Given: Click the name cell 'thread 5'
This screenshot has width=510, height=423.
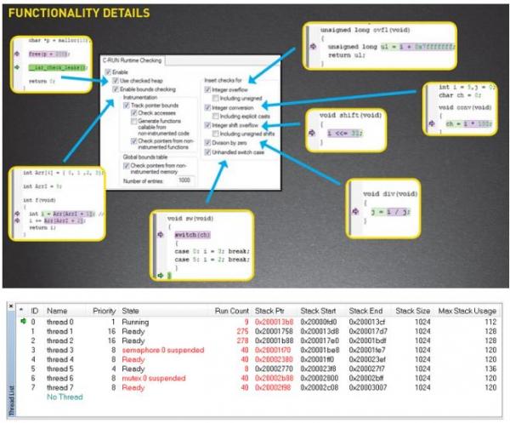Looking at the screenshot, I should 61,368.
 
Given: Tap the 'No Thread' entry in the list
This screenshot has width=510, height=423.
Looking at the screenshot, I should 65,396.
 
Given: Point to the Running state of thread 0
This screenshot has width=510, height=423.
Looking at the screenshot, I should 135,323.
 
